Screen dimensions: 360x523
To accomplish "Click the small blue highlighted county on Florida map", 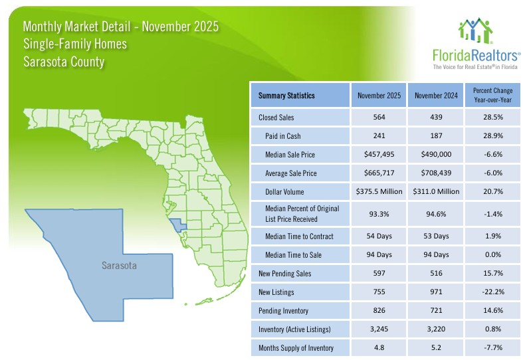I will [177, 225].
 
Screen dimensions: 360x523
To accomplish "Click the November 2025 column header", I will [379, 96].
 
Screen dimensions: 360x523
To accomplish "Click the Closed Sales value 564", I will [379, 118].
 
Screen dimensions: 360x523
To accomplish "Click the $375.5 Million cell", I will [379, 192].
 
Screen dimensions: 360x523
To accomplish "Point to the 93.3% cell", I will [379, 214].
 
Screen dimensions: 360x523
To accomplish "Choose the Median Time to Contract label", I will [296, 236].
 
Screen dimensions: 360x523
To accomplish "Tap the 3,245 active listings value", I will [379, 329].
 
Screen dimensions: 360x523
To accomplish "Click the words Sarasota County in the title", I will [64, 62].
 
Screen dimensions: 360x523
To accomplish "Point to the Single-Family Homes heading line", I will [74, 45].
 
